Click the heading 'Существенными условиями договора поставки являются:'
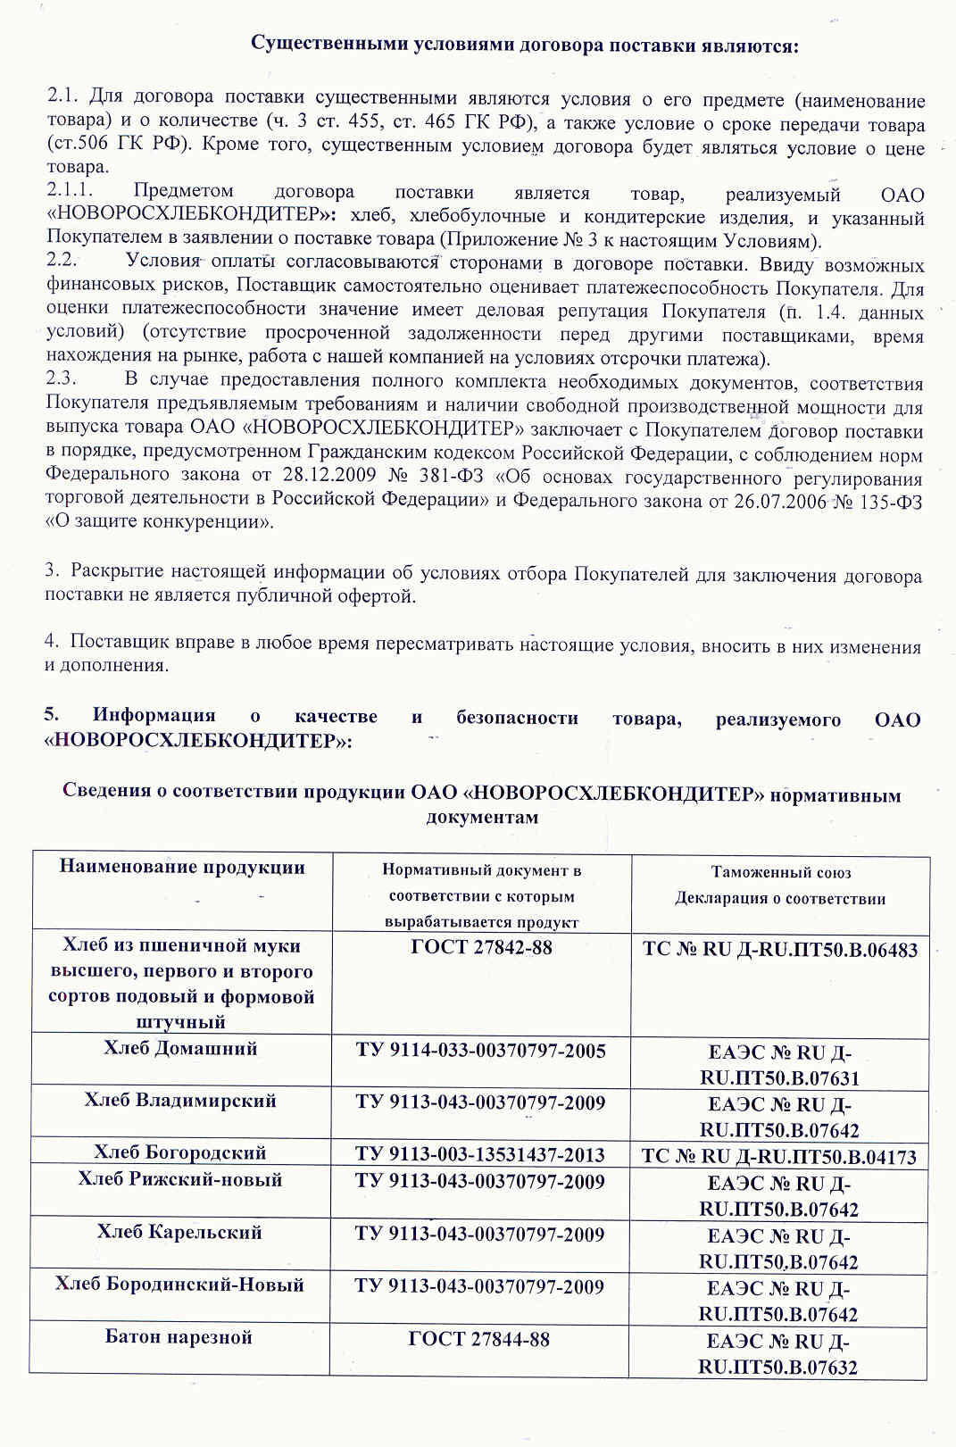524,45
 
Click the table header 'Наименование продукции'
182,868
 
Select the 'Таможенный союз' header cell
780,872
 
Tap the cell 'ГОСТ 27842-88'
481,947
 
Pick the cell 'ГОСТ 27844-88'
478,1339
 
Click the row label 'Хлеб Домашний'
180,1048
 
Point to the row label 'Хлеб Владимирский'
180,1101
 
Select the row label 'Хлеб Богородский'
180,1152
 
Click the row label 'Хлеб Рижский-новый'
180,1179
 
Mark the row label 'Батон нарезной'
179,1337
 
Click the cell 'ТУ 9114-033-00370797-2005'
480,1051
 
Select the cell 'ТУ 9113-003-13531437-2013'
479,1154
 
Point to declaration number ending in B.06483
780,950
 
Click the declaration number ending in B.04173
778,1157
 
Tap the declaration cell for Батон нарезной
777,1354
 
